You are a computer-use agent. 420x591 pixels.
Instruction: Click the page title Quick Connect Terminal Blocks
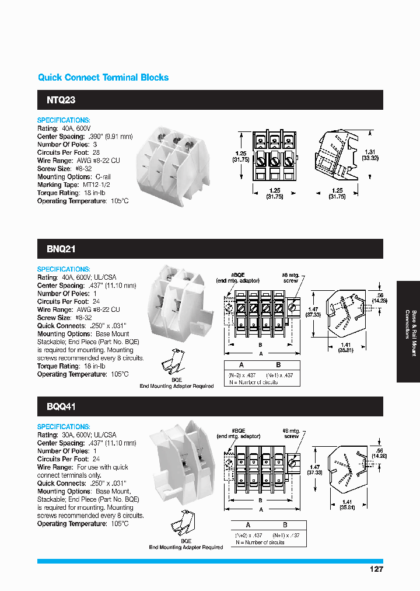(103, 78)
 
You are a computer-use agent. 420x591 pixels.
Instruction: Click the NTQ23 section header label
(61, 100)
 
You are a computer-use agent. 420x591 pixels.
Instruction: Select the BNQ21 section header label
(61, 249)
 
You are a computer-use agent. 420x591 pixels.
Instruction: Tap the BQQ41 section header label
(61, 406)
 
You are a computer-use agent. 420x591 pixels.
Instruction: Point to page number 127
(376, 569)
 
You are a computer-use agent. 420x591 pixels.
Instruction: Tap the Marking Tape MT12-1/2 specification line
(74, 185)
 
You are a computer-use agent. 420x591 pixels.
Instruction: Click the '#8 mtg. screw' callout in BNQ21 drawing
(290, 277)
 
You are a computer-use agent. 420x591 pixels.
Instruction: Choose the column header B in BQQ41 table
(285, 524)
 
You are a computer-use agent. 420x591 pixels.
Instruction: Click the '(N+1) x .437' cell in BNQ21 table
(280, 374)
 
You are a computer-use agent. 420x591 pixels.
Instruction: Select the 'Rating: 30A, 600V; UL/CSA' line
(77, 435)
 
